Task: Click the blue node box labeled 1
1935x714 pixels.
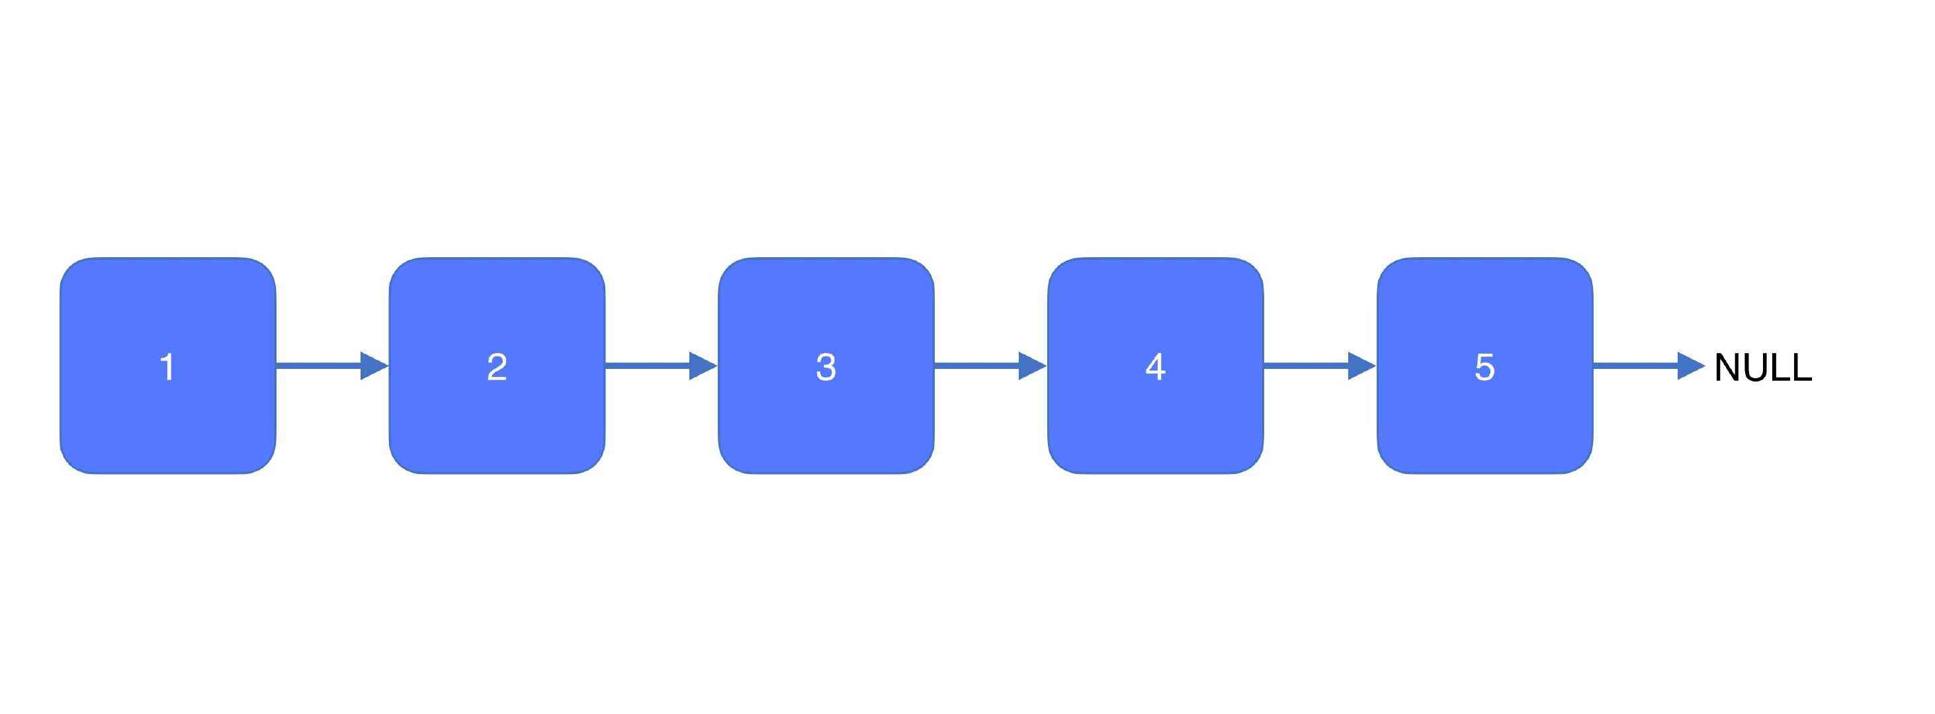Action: pyautogui.click(x=167, y=366)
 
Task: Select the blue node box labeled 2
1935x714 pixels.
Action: pyautogui.click(x=497, y=366)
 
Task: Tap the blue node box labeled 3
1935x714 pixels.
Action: pyautogui.click(x=826, y=366)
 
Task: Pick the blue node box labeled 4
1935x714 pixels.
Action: pyautogui.click(x=1155, y=366)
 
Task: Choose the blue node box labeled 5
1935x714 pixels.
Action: pyautogui.click(x=1485, y=366)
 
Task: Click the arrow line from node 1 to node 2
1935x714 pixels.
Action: pyautogui.click(x=332, y=366)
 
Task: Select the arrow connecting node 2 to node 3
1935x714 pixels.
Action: pyautogui.click(x=661, y=366)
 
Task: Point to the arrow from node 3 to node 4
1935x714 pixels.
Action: pyautogui.click(x=991, y=366)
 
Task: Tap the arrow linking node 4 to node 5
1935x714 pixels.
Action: pyautogui.click(x=1320, y=366)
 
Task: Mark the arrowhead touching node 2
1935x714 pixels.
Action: pyautogui.click(x=374, y=366)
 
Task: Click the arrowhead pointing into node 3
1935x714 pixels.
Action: pyautogui.click(x=704, y=366)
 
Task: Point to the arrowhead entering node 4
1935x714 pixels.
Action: pyautogui.click(x=1033, y=366)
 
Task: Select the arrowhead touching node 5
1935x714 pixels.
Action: pyautogui.click(x=1363, y=366)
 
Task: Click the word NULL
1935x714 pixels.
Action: pyautogui.click(x=1763, y=368)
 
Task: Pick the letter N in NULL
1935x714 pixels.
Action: pyautogui.click(x=1728, y=368)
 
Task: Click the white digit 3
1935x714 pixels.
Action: pyautogui.click(x=826, y=367)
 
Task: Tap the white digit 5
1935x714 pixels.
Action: pyautogui.click(x=1485, y=367)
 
